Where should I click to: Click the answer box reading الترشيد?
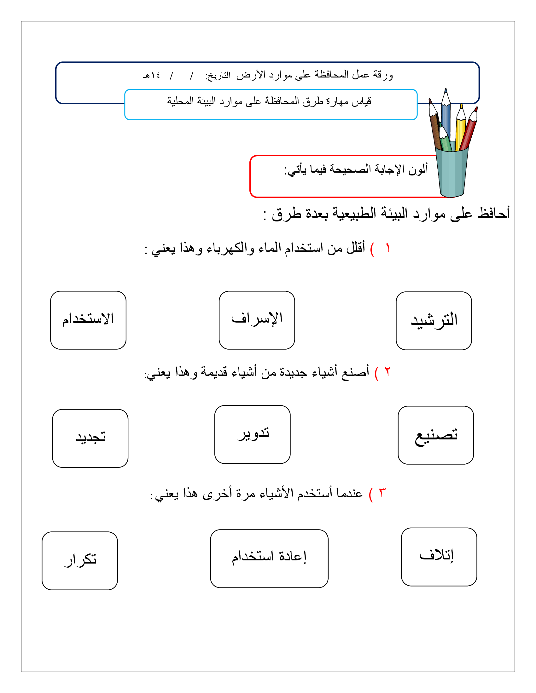434,320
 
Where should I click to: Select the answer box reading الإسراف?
257,320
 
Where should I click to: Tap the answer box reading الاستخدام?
88,320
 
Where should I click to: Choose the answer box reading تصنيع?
436,435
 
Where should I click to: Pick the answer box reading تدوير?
252,434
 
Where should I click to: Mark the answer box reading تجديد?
90,438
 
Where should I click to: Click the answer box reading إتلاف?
439,557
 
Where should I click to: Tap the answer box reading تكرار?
80,561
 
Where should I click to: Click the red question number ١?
388,248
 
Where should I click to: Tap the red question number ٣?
382,493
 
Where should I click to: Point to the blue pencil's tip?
446,91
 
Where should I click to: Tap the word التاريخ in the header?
218,76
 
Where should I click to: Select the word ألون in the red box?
418,169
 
